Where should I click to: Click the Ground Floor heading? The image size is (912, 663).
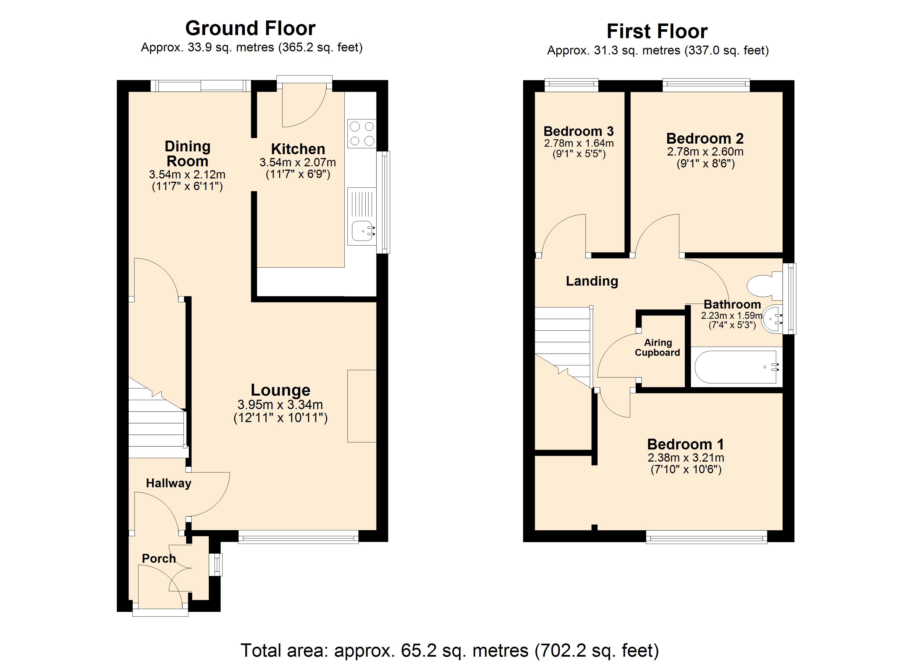pyautogui.click(x=250, y=28)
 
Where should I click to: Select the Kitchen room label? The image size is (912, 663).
pyautogui.click(x=298, y=149)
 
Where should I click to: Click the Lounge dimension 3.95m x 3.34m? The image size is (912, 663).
pyautogui.click(x=280, y=404)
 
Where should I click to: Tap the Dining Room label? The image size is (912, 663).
pyautogui.click(x=187, y=154)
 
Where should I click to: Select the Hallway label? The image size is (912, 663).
pyautogui.click(x=169, y=483)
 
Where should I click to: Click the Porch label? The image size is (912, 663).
pyautogui.click(x=159, y=559)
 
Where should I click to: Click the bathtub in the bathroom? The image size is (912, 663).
pyautogui.click(x=736, y=367)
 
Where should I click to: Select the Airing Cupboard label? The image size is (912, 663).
pyautogui.click(x=657, y=347)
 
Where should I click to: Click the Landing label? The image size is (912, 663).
pyautogui.click(x=592, y=281)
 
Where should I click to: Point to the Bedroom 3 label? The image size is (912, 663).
pyautogui.click(x=579, y=131)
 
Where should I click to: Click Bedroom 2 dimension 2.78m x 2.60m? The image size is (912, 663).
pyautogui.click(x=705, y=152)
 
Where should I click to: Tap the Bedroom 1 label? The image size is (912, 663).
pyautogui.click(x=686, y=444)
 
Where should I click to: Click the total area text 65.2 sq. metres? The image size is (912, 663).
pyautogui.click(x=450, y=650)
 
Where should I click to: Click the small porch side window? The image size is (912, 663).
pyautogui.click(x=217, y=564)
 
